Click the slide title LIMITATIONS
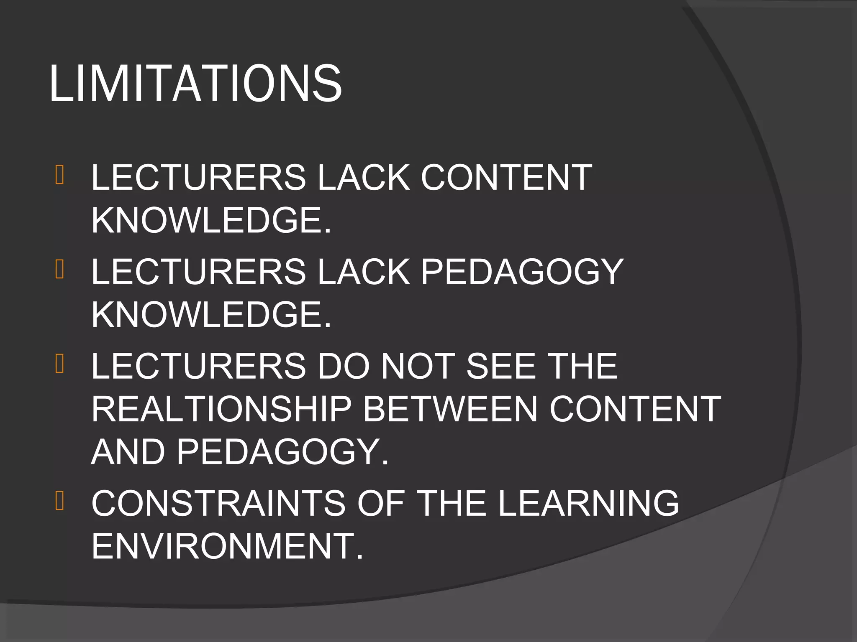click(195, 83)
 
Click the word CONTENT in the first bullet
click(506, 178)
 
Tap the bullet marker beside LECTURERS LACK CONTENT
click(59, 175)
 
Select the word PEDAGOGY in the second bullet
click(522, 272)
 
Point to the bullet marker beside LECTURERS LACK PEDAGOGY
click(59, 269)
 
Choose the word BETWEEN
click(450, 409)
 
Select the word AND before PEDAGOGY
click(128, 452)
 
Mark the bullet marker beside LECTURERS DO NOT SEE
click(59, 363)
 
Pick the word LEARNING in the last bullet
click(588, 503)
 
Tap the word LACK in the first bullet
click(364, 178)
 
